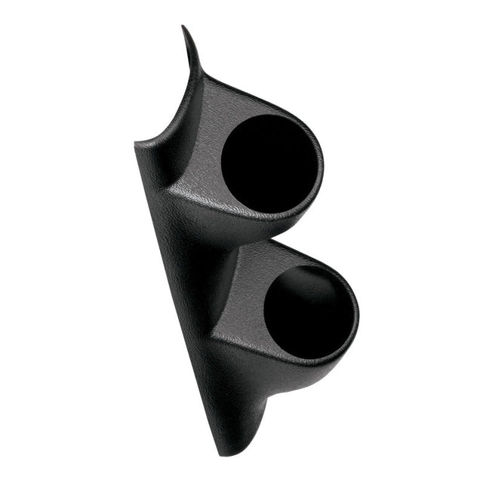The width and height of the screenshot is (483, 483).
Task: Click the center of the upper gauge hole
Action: pos(269,164)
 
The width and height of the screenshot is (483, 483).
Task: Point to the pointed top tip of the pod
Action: pos(183,27)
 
